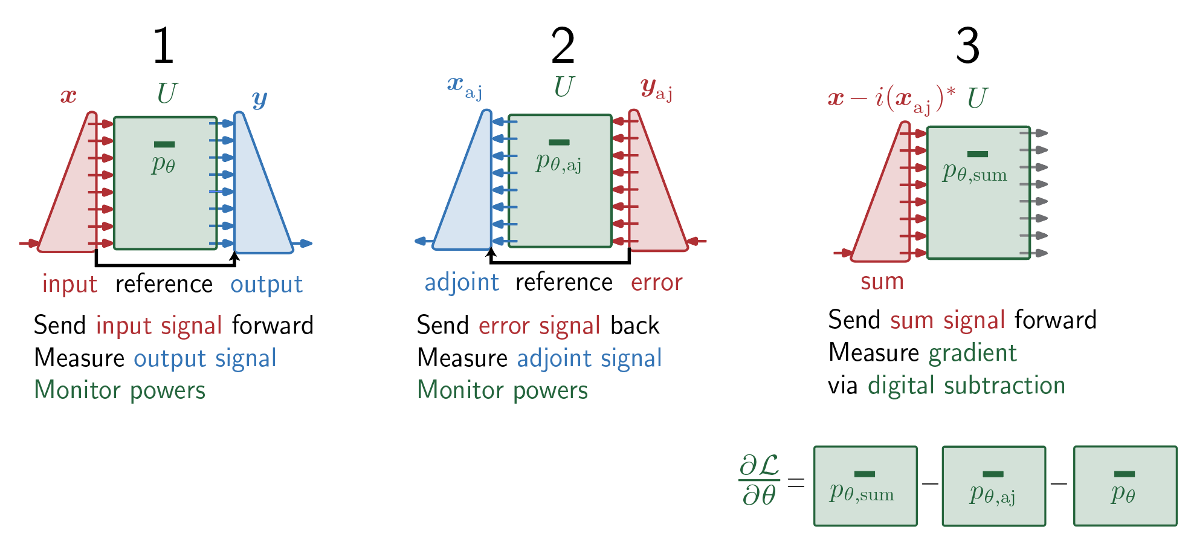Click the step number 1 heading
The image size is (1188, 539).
[163, 46]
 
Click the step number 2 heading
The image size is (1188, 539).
[563, 46]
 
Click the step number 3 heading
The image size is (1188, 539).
[967, 46]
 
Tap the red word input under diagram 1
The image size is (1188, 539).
[69, 284]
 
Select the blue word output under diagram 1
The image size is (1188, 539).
[266, 285]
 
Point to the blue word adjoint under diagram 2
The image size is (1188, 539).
[462, 283]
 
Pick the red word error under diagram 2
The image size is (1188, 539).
[656, 283]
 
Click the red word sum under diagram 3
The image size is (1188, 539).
[882, 282]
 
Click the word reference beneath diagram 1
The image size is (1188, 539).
[164, 284]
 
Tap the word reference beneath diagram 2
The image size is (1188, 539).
[564, 282]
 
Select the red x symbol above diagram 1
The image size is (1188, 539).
[68, 95]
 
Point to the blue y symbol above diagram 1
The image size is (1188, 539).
[260, 98]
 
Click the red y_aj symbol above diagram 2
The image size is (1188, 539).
[656, 89]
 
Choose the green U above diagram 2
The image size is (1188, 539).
[564, 86]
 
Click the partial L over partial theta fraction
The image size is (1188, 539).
[759, 480]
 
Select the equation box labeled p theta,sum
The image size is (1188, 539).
[865, 486]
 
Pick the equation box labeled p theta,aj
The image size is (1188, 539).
[993, 486]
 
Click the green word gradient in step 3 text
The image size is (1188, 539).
[972, 353]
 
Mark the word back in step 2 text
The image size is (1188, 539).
[634, 326]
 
